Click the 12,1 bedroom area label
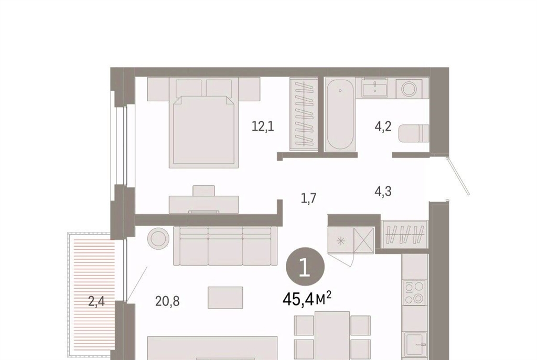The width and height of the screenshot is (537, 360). (x=263, y=127)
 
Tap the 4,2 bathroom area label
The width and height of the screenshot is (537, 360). (x=383, y=127)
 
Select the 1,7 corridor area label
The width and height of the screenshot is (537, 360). (x=308, y=198)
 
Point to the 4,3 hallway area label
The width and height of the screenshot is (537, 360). (x=383, y=191)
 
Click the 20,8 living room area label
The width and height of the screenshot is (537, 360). (x=167, y=301)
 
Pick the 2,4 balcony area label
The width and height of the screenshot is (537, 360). (x=96, y=301)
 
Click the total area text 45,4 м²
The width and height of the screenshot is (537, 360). (x=306, y=299)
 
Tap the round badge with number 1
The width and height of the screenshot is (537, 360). (x=305, y=268)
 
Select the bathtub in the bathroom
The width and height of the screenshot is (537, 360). (x=340, y=114)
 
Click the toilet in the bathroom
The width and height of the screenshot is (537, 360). (x=414, y=133)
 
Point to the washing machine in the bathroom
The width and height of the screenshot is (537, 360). (x=410, y=89)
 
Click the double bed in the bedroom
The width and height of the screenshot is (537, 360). (x=204, y=123)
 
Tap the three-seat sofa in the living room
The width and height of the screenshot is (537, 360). (x=225, y=246)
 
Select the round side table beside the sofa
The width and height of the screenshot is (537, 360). (x=158, y=238)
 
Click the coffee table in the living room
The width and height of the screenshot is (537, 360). (x=225, y=298)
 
